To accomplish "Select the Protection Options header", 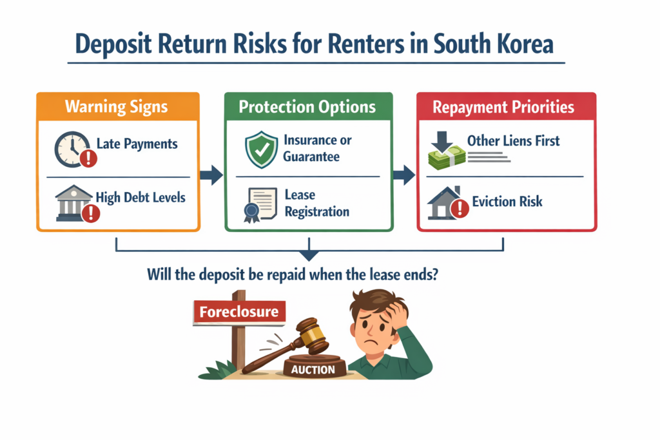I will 308,106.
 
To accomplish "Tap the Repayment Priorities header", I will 503,107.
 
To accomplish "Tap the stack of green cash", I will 445,158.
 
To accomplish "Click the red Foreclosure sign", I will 239,312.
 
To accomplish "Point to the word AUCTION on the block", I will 313,370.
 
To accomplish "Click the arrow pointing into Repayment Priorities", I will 404,175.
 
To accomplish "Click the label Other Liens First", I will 514,140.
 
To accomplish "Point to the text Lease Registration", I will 316,202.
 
